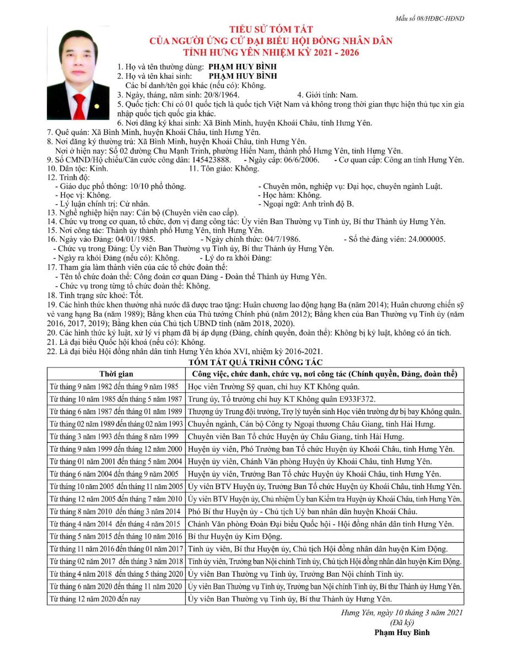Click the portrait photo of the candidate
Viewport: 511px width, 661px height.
(x=78, y=73)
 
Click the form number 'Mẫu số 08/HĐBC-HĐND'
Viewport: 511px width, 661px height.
(x=429, y=18)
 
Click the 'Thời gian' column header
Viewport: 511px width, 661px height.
(x=116, y=374)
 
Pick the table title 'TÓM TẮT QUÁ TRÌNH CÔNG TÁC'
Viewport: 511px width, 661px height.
(x=255, y=362)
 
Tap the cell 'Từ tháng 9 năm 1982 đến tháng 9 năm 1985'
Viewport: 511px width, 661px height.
(x=114, y=386)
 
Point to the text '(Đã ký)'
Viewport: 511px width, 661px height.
(x=401, y=622)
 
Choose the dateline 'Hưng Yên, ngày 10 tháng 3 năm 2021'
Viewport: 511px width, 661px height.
(x=401, y=612)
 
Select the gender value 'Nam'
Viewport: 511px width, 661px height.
(x=348, y=95)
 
